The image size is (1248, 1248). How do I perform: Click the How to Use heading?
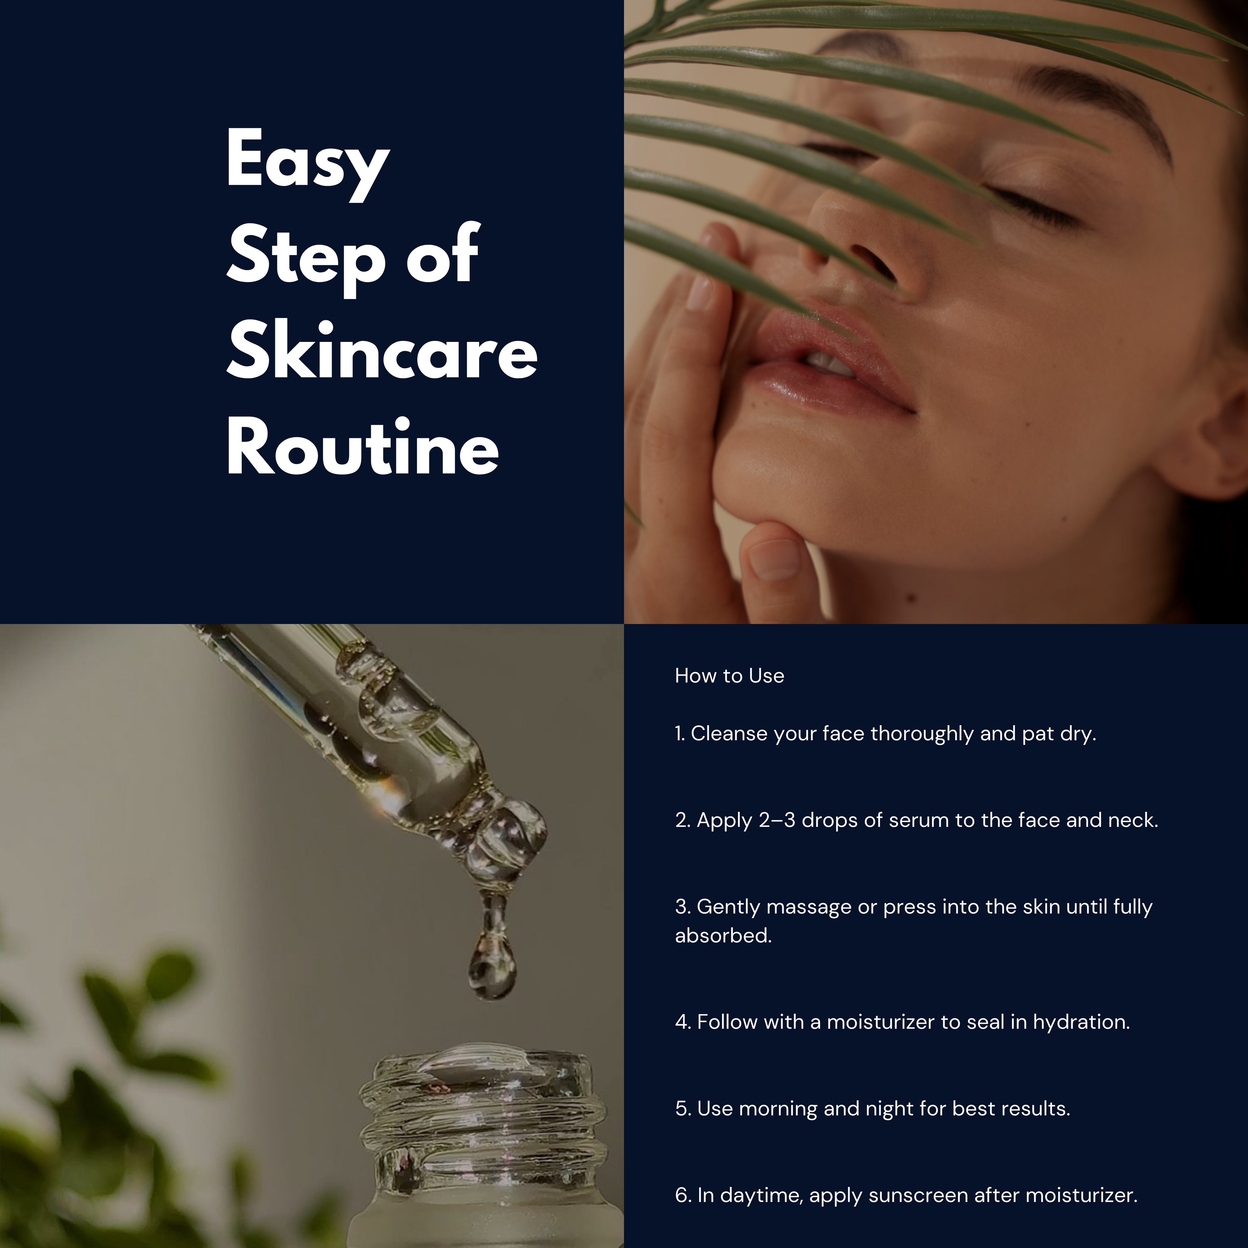click(x=729, y=676)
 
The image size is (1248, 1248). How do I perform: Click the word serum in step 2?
click(x=919, y=820)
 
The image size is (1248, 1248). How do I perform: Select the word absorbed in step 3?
click(x=723, y=935)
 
